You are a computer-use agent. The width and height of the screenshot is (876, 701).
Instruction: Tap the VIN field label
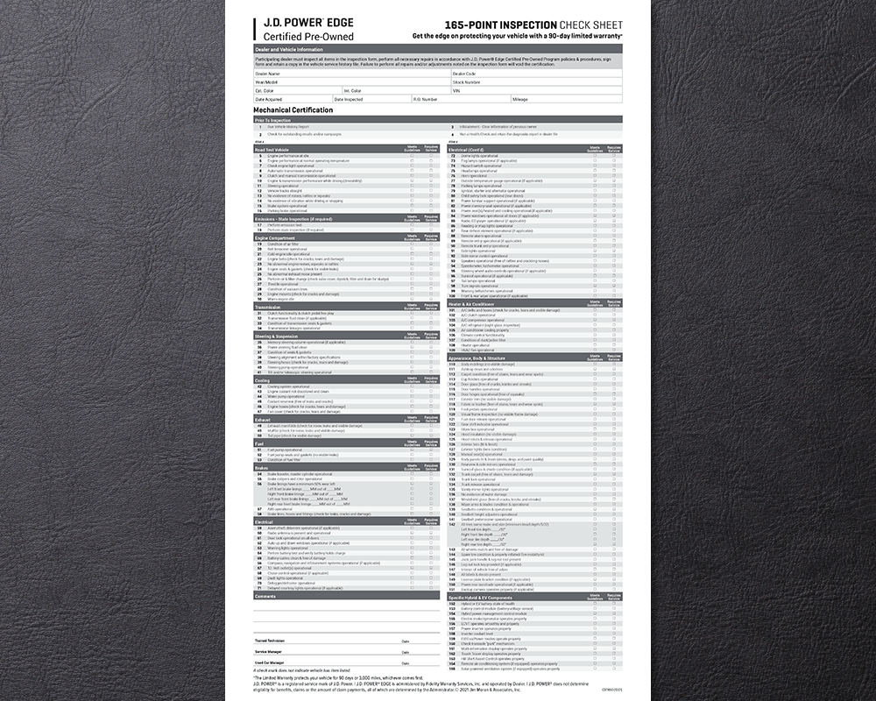[x=456, y=90]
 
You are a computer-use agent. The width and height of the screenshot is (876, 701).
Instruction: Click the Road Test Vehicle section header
[x=272, y=148]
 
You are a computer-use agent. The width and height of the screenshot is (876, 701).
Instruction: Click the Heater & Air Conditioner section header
[x=478, y=303]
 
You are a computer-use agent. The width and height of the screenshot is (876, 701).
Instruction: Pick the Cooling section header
[x=262, y=379]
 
